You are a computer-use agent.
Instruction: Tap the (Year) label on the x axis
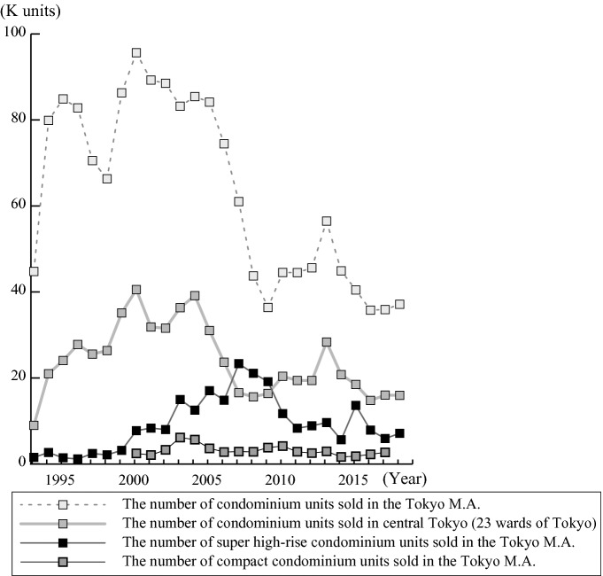(405, 479)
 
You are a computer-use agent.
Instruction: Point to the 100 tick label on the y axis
(15, 33)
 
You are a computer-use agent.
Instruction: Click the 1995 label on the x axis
(59, 479)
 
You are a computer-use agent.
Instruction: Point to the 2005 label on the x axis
(208, 479)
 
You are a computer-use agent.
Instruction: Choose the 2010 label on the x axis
(282, 479)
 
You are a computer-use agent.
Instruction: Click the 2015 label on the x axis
(355, 479)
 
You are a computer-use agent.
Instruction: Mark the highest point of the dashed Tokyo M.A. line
(136, 53)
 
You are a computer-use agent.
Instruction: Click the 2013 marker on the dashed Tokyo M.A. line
(327, 221)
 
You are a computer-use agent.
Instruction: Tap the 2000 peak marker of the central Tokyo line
(136, 290)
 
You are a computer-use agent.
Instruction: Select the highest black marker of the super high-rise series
(239, 364)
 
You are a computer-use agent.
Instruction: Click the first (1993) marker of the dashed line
(34, 272)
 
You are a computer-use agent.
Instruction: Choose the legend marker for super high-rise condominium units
(61, 541)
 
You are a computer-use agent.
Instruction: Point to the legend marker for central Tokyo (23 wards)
(61, 522)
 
